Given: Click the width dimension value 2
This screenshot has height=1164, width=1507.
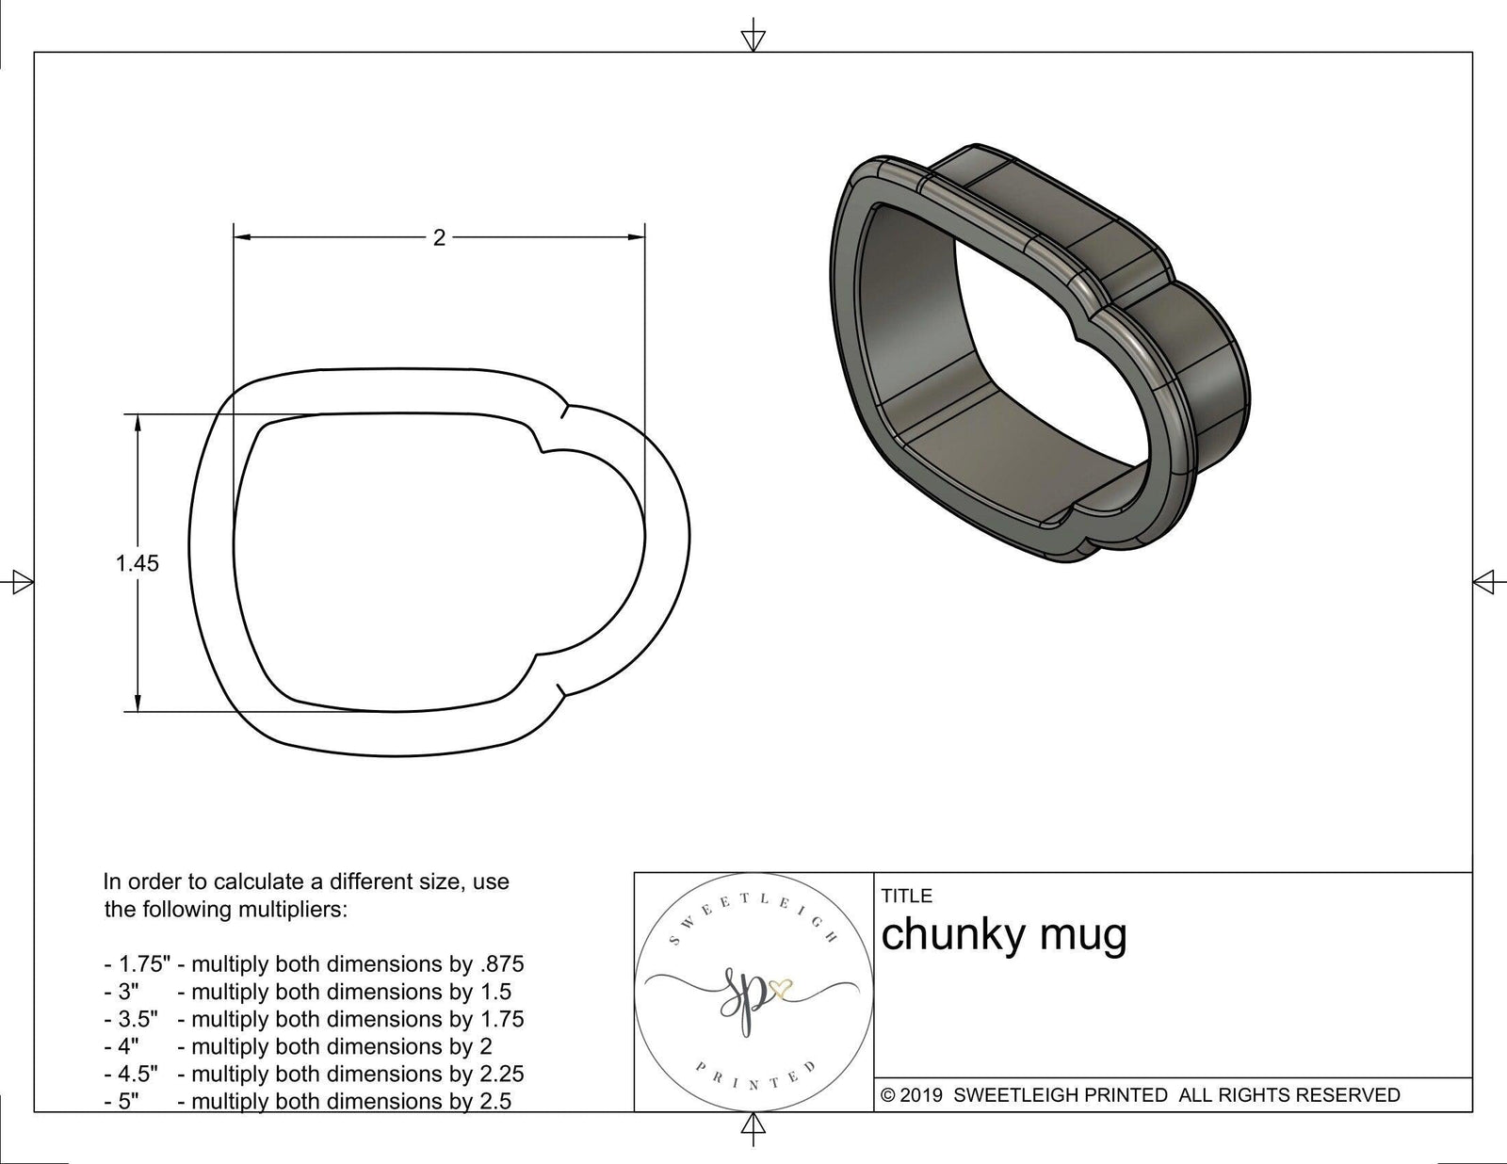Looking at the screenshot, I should click(439, 238).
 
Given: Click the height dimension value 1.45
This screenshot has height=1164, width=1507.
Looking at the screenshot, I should click(138, 564).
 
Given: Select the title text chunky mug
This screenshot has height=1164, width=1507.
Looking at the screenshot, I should click(1003, 935).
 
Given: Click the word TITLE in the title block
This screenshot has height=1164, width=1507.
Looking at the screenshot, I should click(906, 896).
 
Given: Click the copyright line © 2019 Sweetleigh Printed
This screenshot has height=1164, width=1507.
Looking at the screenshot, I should click(1140, 1095).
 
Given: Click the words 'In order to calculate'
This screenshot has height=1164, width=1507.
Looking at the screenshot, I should click(206, 882).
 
